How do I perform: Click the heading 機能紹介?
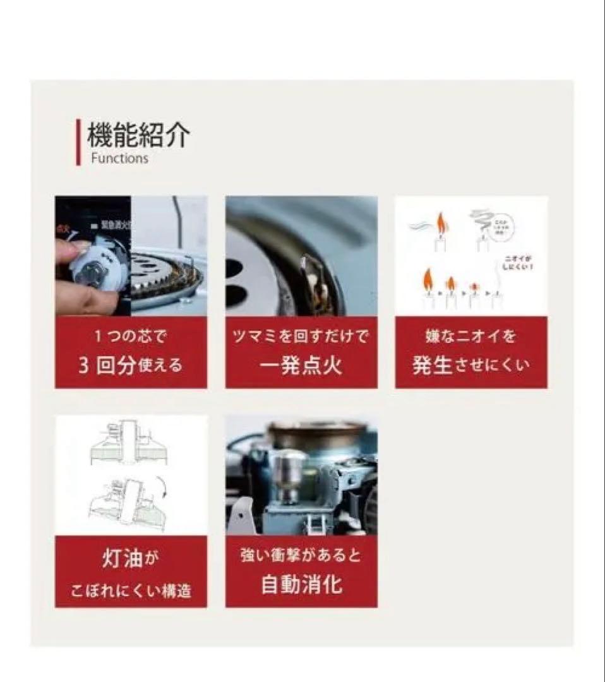click(138, 135)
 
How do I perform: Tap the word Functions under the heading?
click(119, 159)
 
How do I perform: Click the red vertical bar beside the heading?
click(78, 142)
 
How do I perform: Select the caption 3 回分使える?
click(130, 366)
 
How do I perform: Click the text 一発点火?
click(301, 366)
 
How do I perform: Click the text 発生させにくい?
click(470, 366)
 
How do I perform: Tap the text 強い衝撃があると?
click(301, 556)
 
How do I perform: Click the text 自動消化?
click(301, 584)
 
